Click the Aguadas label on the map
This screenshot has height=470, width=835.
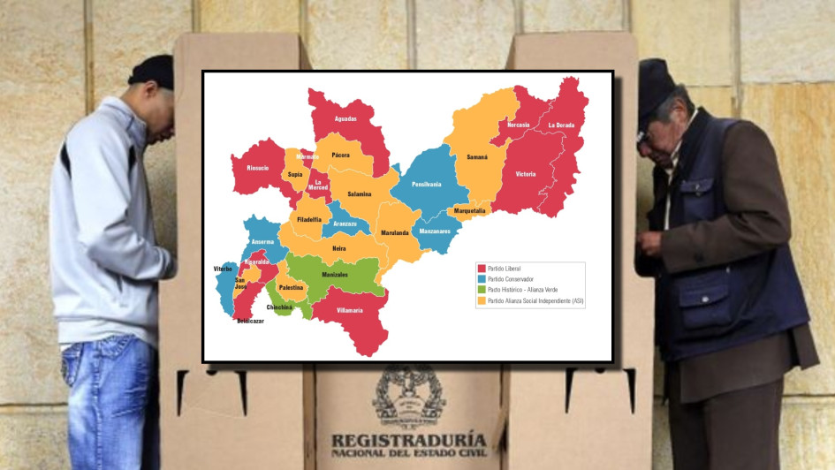[345, 118]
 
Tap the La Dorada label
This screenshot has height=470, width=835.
[560, 125]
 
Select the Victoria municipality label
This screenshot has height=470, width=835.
[525, 174]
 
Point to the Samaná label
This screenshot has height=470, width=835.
[477, 156]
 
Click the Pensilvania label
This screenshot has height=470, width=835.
[426, 184]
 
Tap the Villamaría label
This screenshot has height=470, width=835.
[350, 311]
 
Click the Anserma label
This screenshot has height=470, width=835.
[263, 242]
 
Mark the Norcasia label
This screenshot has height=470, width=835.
[517, 125]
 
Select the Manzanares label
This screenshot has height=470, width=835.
[435, 231]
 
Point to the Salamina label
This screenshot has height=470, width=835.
[359, 193]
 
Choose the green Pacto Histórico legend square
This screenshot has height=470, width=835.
[482, 290]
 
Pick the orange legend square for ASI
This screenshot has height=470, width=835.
[482, 301]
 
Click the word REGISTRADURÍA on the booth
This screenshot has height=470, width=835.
[408, 439]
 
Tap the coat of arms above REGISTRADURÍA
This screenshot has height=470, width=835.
[408, 396]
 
